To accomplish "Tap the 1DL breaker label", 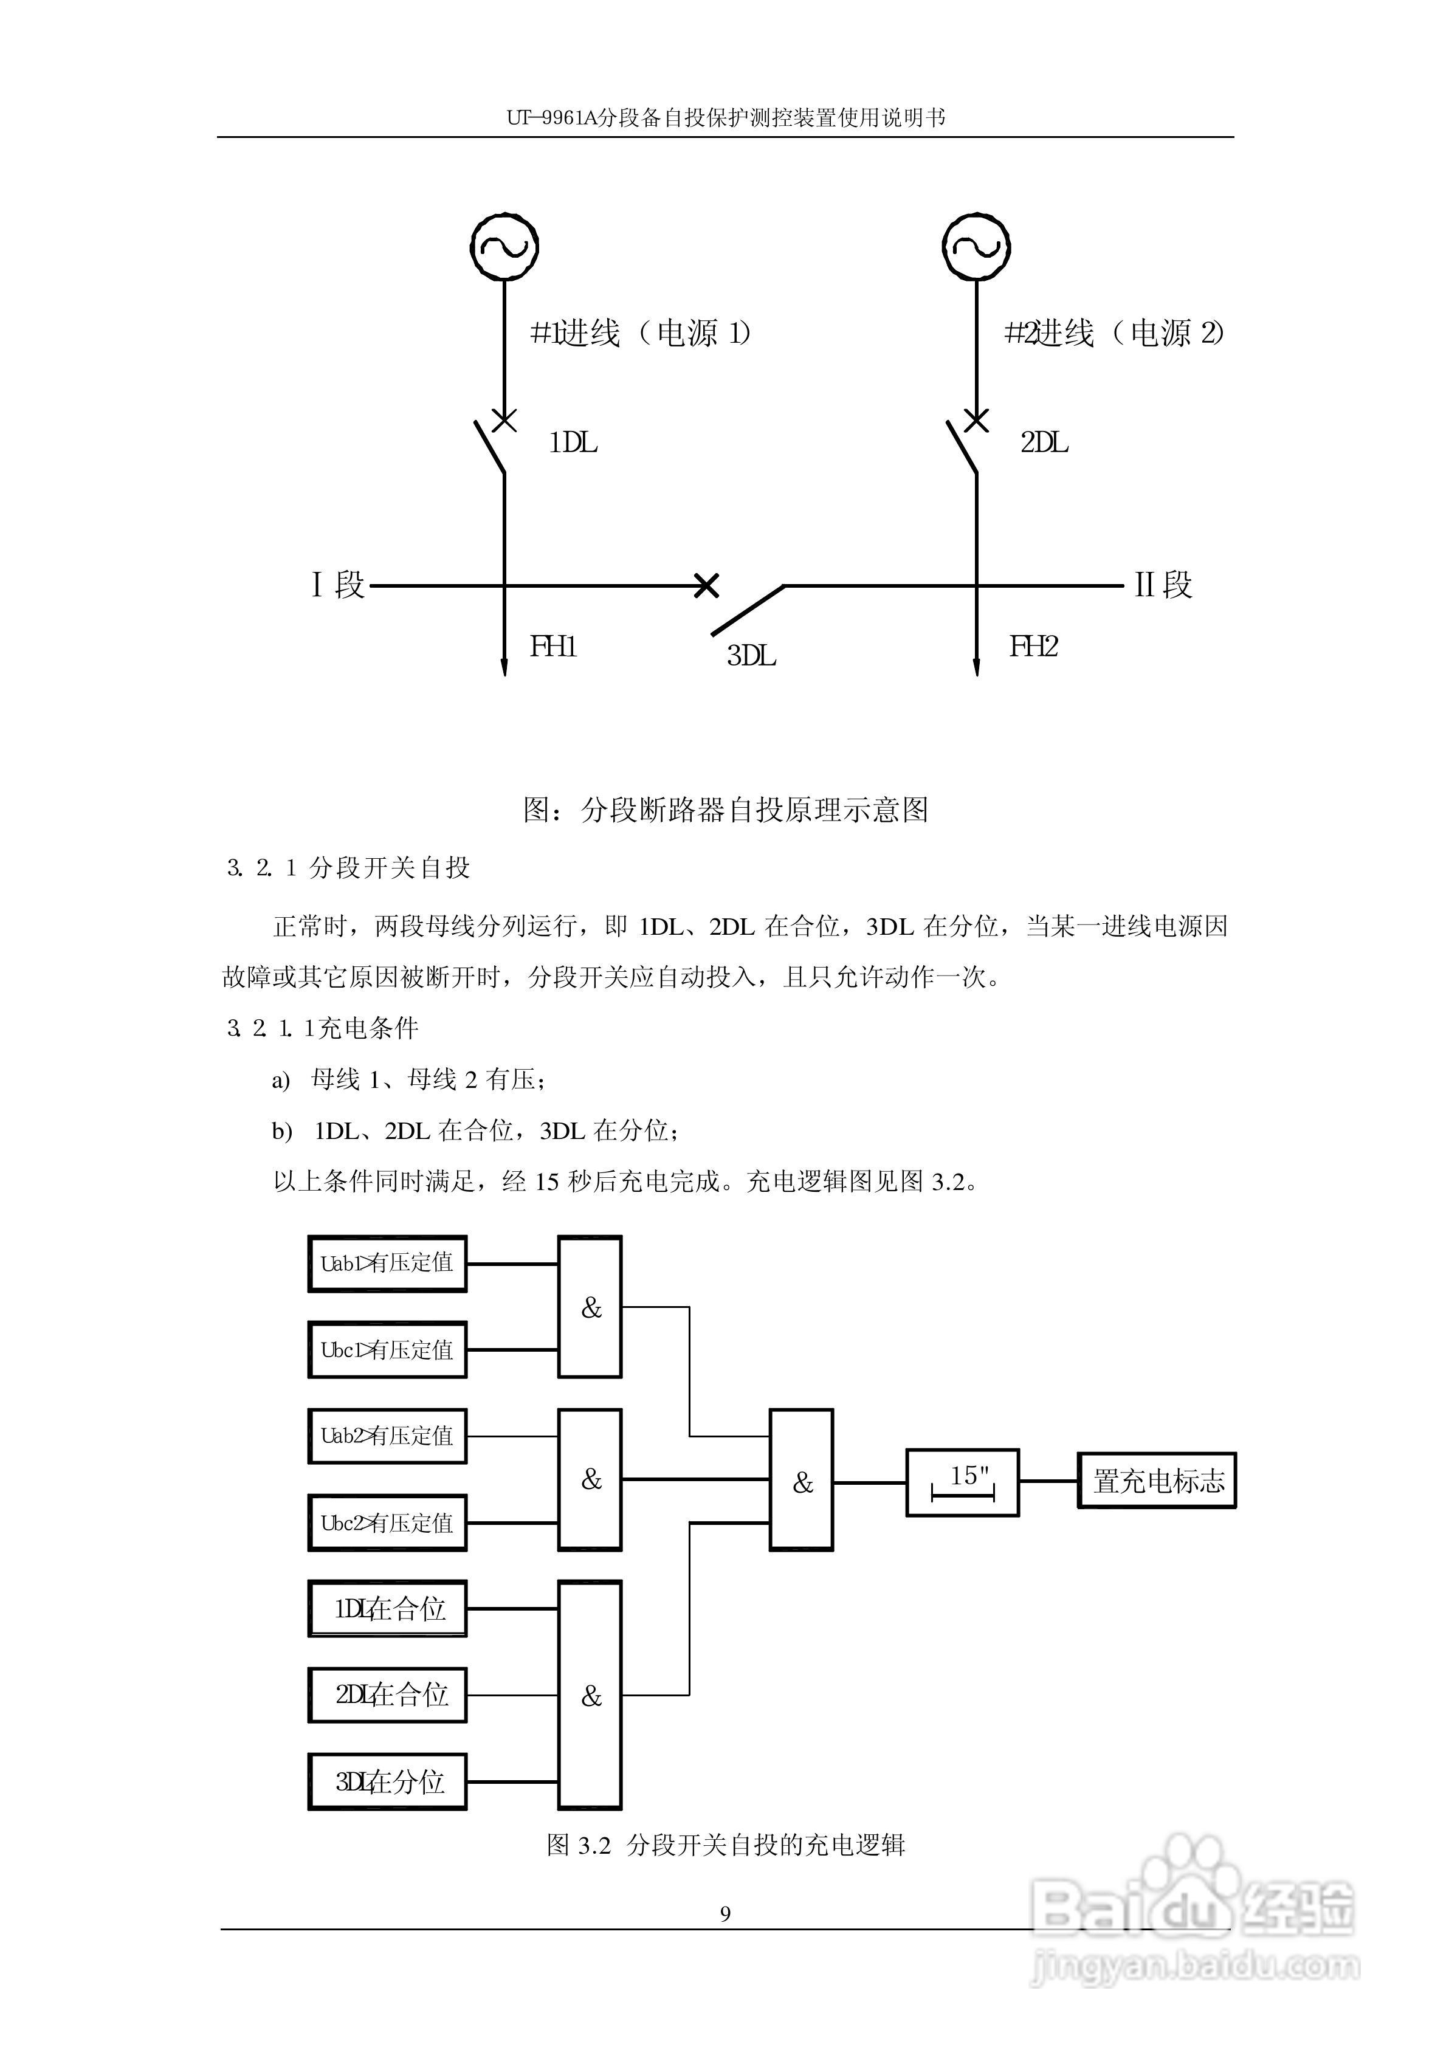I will point(573,442).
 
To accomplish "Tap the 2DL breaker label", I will point(1044,442).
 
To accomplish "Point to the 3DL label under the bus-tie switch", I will point(751,656).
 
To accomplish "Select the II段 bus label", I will point(1163,585).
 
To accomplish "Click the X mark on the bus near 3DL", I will point(706,585).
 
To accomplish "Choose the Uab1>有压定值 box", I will point(387,1263).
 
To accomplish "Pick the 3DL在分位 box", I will point(387,1781).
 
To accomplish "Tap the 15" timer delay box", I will point(962,1482).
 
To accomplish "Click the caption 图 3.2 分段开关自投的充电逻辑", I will point(725,1845).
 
